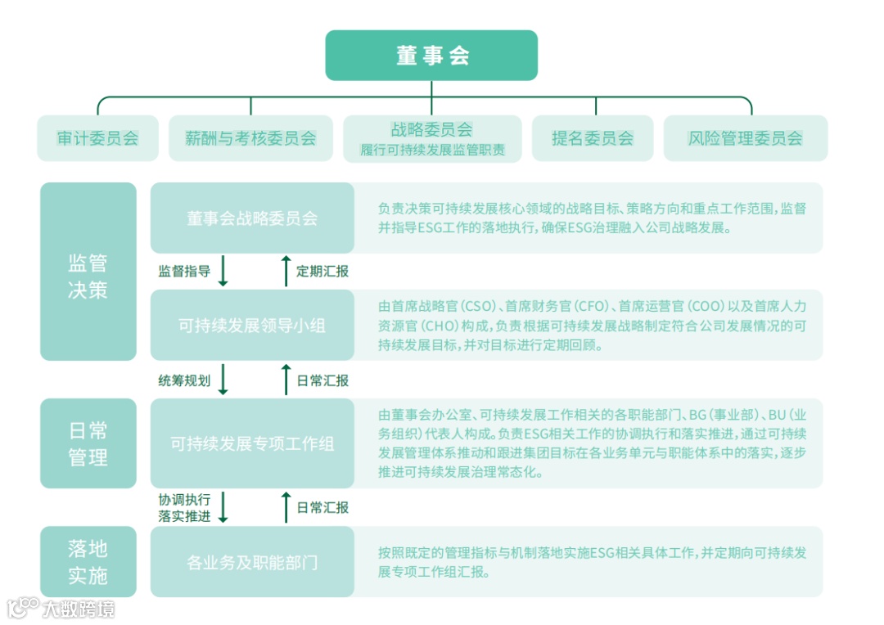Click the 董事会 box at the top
pyautogui.click(x=431, y=56)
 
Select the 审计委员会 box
pyautogui.click(x=97, y=138)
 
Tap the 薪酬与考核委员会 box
pyautogui.click(x=250, y=138)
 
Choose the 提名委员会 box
pyautogui.click(x=593, y=138)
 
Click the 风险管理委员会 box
pyautogui.click(x=745, y=138)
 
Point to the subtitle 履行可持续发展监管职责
pyautogui.click(x=432, y=151)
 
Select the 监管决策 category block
pyautogui.click(x=88, y=272)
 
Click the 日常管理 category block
pyautogui.click(x=88, y=443)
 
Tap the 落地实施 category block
pyautogui.click(x=88, y=561)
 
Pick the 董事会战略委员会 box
pyautogui.click(x=252, y=218)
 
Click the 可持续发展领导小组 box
pyautogui.click(x=252, y=326)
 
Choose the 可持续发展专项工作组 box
pyautogui.click(x=252, y=443)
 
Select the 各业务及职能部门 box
pyautogui.click(x=252, y=562)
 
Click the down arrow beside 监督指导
pyautogui.click(x=223, y=272)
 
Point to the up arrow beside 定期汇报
pyautogui.click(x=286, y=271)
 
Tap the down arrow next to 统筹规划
pyautogui.click(x=223, y=380)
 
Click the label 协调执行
pyautogui.click(x=184, y=499)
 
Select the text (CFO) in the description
pyautogui.click(x=593, y=307)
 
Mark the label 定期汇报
pyautogui.click(x=322, y=272)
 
